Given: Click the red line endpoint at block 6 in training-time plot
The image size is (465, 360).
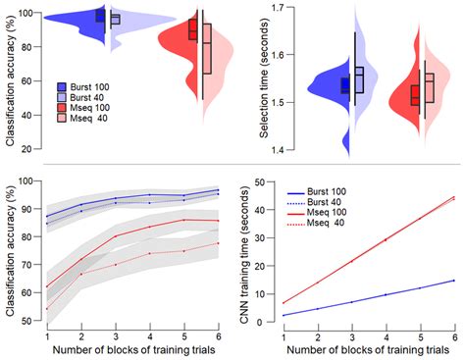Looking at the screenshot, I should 453,197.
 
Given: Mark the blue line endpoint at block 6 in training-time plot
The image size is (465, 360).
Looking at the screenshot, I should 453,280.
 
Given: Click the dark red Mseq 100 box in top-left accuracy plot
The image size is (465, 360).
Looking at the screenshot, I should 193,29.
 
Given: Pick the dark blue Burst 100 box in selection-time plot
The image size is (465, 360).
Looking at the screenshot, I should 344,85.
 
